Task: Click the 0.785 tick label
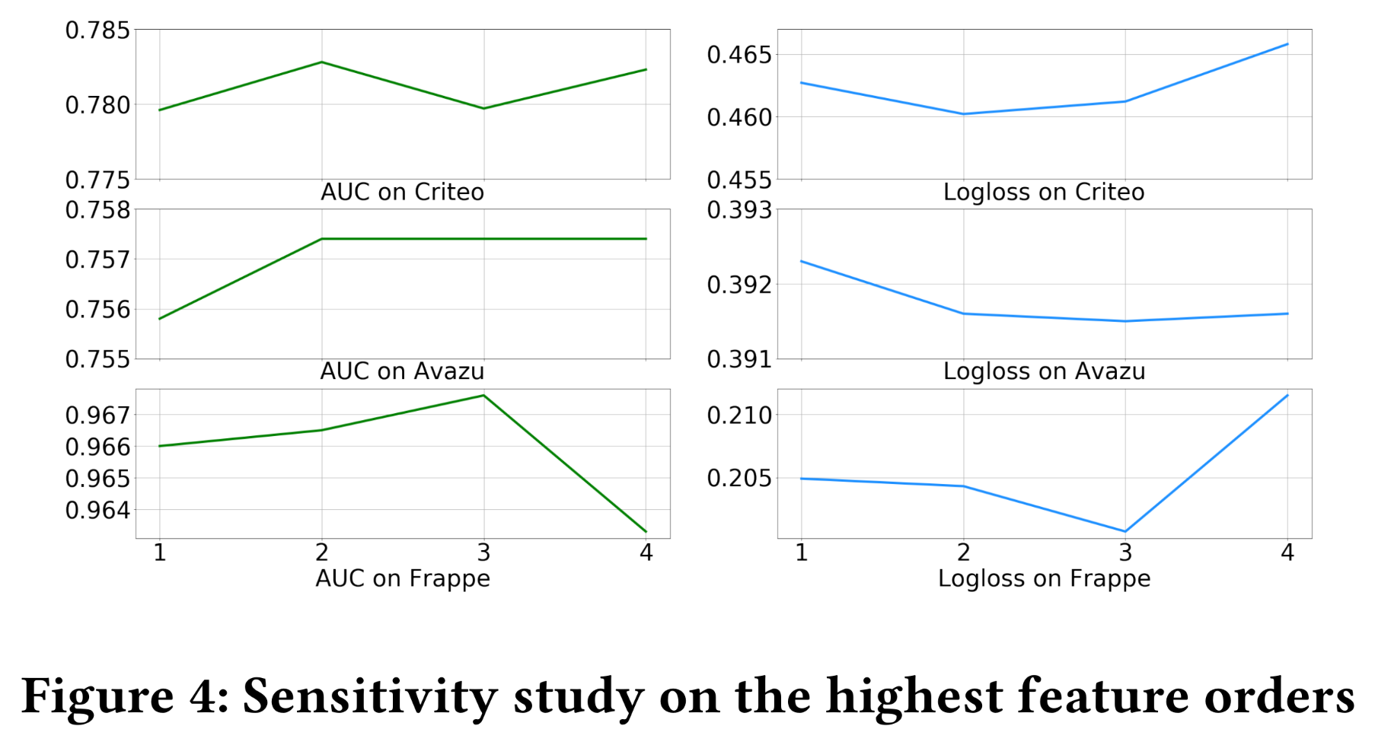[97, 30]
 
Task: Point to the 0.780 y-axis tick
[97, 105]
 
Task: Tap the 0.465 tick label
[739, 55]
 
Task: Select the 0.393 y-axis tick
[739, 209]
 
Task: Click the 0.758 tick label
[97, 209]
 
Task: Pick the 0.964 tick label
[97, 510]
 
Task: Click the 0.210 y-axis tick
[739, 415]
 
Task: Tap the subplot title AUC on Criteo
[402, 192]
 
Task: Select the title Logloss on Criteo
[1044, 192]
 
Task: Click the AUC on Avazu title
[402, 371]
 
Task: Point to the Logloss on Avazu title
[1044, 371]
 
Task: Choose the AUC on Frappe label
[402, 578]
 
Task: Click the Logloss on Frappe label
[1044, 578]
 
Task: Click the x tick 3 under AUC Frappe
[483, 552]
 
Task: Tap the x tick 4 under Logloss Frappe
[1287, 552]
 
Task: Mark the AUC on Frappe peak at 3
[483, 395]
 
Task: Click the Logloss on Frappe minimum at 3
[1125, 531]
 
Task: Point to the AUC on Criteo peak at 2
[322, 62]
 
